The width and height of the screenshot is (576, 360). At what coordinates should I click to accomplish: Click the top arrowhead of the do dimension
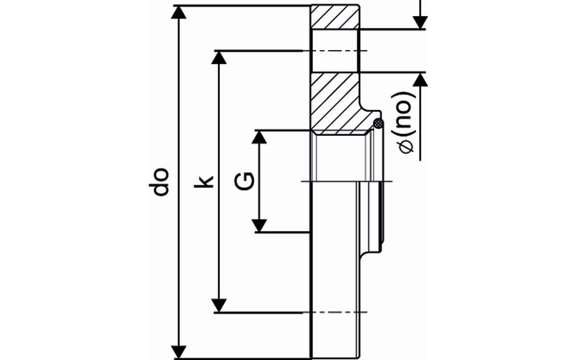[x=179, y=12]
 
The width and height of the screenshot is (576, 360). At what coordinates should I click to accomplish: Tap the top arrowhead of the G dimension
[x=260, y=137]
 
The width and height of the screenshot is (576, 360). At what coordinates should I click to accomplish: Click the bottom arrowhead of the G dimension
[x=260, y=225]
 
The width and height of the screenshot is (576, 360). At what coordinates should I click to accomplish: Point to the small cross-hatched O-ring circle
[x=378, y=123]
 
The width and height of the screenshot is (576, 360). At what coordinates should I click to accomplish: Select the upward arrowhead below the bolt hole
[x=420, y=80]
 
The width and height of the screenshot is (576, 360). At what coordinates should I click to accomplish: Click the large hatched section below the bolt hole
[x=335, y=102]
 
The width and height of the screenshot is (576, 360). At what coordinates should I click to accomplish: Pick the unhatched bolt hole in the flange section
[x=335, y=50]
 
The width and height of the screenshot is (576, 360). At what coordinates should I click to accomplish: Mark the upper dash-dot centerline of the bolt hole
[x=336, y=50]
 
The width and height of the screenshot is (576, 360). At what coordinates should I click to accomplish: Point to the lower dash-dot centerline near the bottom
[x=336, y=312]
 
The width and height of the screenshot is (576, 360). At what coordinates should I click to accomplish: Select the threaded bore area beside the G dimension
[x=340, y=158]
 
